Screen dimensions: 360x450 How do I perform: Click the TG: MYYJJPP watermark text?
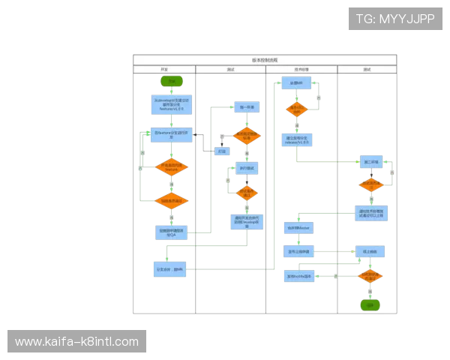click(395, 19)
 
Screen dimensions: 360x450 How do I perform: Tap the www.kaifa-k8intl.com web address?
click(76, 342)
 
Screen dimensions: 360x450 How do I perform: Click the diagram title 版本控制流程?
click(265, 60)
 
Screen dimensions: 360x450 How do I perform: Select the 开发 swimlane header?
click(164, 70)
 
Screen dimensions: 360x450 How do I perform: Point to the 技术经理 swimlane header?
click(301, 70)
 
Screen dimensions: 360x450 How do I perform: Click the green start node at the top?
click(172, 80)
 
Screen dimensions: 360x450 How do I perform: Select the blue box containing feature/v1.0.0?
click(172, 104)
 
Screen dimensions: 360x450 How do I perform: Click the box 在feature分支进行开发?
click(172, 136)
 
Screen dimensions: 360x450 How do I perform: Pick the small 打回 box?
click(221, 151)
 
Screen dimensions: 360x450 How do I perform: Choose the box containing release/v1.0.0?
click(297, 140)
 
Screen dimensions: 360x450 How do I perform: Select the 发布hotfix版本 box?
click(298, 276)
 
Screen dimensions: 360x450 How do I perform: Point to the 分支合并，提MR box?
click(172, 268)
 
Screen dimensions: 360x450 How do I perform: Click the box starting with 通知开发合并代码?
click(246, 221)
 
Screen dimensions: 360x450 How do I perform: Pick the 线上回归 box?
click(370, 252)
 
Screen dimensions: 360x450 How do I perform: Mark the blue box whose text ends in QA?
click(172, 232)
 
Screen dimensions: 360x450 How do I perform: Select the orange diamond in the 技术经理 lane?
click(297, 109)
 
